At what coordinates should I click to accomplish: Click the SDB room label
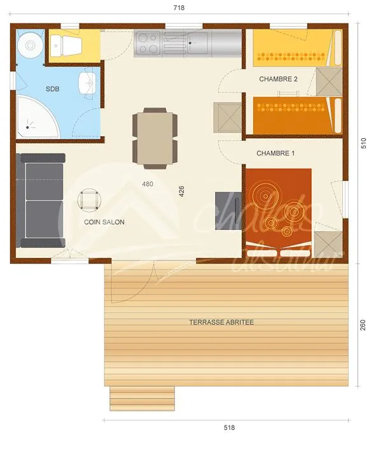click(52, 89)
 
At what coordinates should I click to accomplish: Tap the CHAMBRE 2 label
click(278, 79)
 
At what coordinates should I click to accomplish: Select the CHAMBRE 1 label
click(275, 153)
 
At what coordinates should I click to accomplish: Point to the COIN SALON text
click(104, 222)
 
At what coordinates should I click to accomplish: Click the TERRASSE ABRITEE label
click(221, 322)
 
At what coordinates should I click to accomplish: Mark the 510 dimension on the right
click(363, 143)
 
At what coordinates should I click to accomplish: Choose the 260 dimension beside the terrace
click(363, 324)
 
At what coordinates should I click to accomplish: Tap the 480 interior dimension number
click(148, 183)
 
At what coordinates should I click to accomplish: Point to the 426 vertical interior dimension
click(182, 191)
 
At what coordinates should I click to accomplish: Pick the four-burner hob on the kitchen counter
click(148, 44)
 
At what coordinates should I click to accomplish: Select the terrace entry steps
click(142, 398)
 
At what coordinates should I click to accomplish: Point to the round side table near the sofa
click(88, 200)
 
